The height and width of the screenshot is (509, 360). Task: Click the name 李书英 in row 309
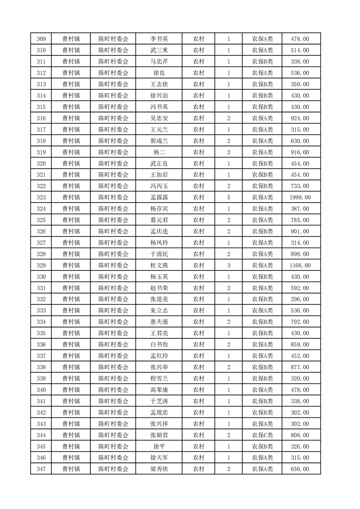[x=159, y=39]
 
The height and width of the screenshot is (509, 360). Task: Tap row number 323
[x=41, y=197]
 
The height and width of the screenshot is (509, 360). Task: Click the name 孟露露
[x=159, y=197]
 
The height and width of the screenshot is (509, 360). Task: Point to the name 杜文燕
[x=159, y=265]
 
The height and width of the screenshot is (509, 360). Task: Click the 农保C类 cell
[x=262, y=435]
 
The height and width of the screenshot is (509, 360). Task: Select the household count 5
[x=228, y=197]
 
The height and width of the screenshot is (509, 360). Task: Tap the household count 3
[x=228, y=265]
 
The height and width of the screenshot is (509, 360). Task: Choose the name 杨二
[x=159, y=152]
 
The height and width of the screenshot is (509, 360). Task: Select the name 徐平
[x=159, y=446]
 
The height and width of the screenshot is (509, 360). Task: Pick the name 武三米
[x=159, y=50]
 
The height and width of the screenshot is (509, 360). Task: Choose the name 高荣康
[x=159, y=390]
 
